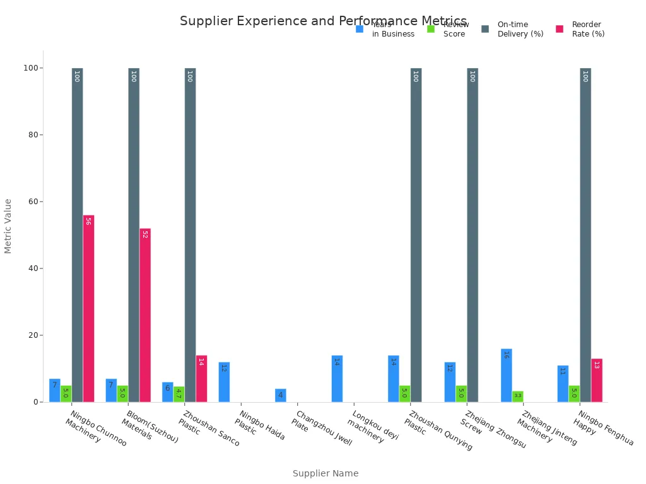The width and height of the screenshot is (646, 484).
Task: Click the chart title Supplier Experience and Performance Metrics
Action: tap(323, 21)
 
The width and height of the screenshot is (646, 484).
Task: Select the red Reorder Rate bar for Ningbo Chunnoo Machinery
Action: tap(88, 308)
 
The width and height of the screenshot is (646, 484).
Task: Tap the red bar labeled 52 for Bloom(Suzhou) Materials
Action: tap(145, 315)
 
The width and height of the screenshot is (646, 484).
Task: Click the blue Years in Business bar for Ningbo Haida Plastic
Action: tap(224, 382)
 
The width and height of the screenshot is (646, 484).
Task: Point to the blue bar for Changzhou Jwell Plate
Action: tap(280, 395)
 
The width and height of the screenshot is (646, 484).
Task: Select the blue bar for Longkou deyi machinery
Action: tap(337, 379)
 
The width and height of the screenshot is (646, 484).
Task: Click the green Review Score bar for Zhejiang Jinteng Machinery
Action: tap(517, 396)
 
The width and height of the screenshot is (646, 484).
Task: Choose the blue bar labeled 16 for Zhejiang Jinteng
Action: tap(506, 375)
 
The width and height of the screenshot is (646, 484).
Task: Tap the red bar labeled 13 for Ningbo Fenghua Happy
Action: tap(596, 380)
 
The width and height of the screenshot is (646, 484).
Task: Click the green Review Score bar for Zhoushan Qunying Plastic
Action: tap(404, 394)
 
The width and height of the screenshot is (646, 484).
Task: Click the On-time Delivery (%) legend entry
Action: tap(513, 29)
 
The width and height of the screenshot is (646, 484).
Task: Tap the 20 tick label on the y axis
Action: tap(33, 335)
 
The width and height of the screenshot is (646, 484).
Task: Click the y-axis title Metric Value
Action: tap(8, 226)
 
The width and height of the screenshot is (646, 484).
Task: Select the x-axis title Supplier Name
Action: tap(326, 473)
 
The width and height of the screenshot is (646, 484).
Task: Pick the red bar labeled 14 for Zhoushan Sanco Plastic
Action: tap(201, 378)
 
